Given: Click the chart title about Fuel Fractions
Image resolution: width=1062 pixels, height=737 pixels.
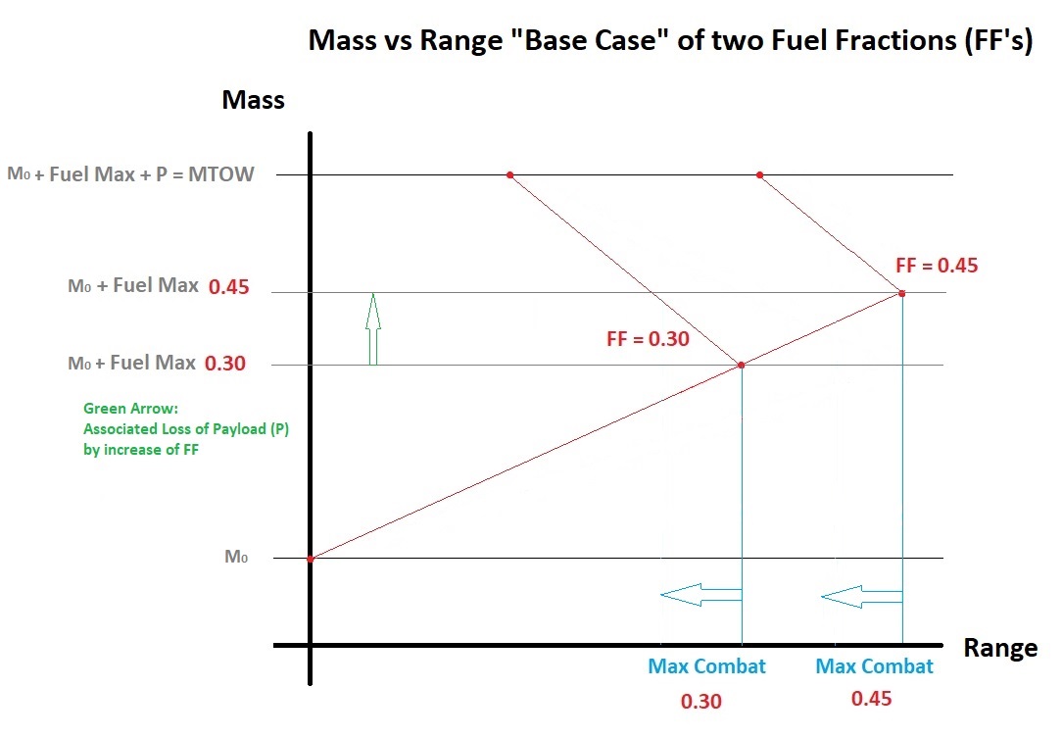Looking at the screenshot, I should tap(670, 42).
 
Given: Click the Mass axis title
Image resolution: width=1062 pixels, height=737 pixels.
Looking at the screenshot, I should tap(253, 99).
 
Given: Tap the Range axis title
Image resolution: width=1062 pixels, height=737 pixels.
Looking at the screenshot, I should tap(999, 648).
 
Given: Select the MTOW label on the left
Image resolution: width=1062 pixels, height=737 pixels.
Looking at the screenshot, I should tap(130, 174).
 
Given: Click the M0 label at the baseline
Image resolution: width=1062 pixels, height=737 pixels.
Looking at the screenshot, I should tap(236, 557).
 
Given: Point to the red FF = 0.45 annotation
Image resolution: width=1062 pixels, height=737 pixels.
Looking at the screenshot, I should tap(936, 265).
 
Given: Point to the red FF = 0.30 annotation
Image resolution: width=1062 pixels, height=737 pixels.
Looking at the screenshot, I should tap(648, 340).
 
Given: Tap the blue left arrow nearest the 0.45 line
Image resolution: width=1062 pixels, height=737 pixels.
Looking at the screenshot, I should tap(860, 594).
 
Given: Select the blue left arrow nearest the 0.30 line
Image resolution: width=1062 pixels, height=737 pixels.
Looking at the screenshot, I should tap(700, 594).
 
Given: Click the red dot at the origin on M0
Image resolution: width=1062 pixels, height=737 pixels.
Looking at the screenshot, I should tap(310, 559).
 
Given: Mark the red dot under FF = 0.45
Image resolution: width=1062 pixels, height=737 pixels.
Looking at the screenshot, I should tap(901, 293).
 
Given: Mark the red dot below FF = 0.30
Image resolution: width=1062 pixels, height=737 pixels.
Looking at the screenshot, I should tap(741, 366).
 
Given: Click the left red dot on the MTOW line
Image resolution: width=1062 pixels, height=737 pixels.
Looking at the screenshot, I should tap(509, 175).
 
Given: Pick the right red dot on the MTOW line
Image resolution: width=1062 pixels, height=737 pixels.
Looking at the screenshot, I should tap(759, 175).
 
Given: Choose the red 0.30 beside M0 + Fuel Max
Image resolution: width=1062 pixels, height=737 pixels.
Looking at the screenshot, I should tap(225, 364).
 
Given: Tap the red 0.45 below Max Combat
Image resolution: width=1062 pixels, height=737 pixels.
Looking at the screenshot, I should tap(872, 699).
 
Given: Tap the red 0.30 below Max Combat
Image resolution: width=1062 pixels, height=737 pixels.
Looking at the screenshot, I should tap(701, 701).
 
